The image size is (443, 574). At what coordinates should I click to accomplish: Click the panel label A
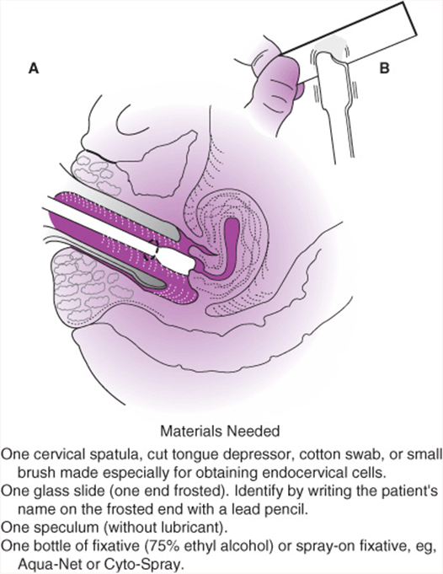click(x=34, y=68)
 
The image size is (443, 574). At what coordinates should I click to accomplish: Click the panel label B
click(x=385, y=68)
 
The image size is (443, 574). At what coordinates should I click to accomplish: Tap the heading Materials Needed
click(x=220, y=431)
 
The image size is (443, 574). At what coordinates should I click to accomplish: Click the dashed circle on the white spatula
click(x=151, y=250)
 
